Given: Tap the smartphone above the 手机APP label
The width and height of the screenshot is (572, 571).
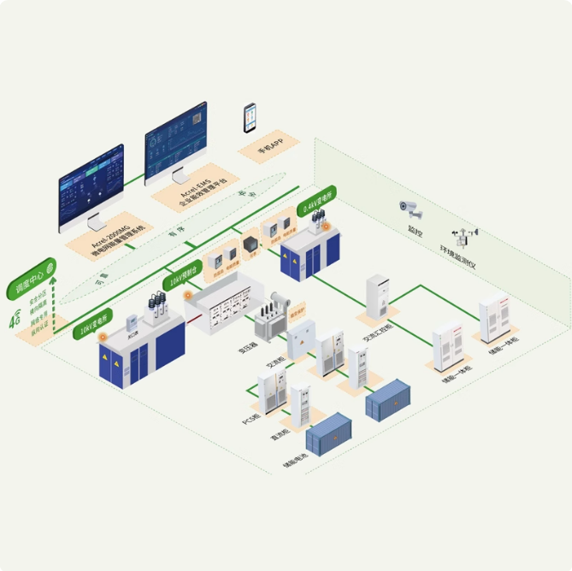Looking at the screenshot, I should [x=250, y=118].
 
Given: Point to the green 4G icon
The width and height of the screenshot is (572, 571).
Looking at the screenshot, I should [x=15, y=321].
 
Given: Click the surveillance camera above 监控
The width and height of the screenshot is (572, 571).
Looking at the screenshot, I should [x=410, y=208].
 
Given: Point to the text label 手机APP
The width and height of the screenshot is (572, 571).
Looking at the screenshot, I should [x=270, y=150].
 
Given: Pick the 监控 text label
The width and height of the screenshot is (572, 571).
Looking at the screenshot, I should [x=418, y=232].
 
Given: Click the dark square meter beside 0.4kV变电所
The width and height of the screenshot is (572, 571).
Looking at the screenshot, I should [x=250, y=247].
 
